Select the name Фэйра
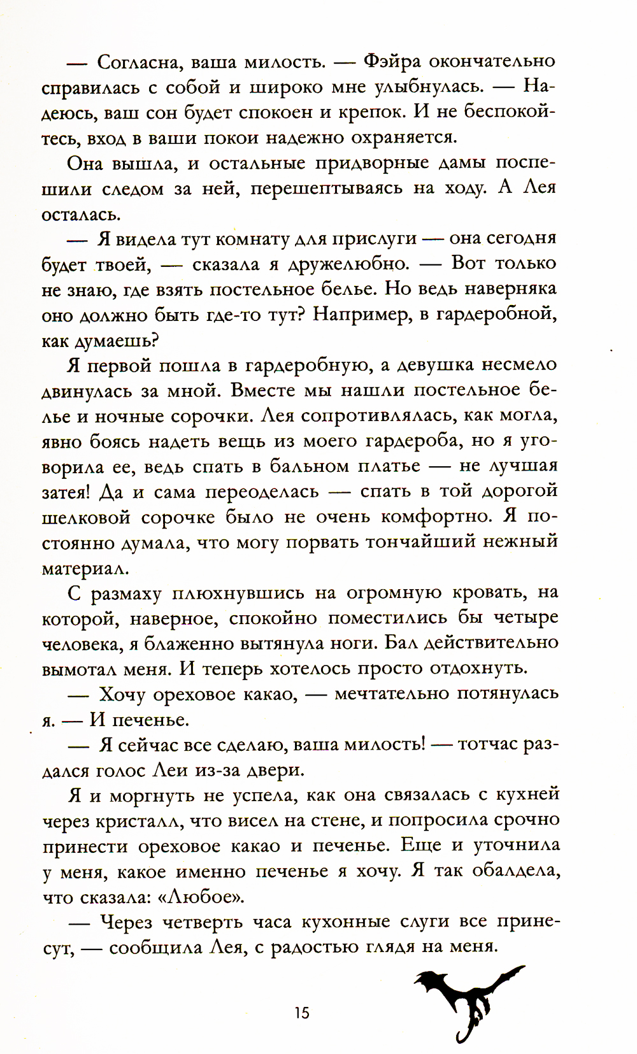(x=389, y=62)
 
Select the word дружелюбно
(x=348, y=264)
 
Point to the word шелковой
(x=83, y=517)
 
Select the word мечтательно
(x=391, y=694)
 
